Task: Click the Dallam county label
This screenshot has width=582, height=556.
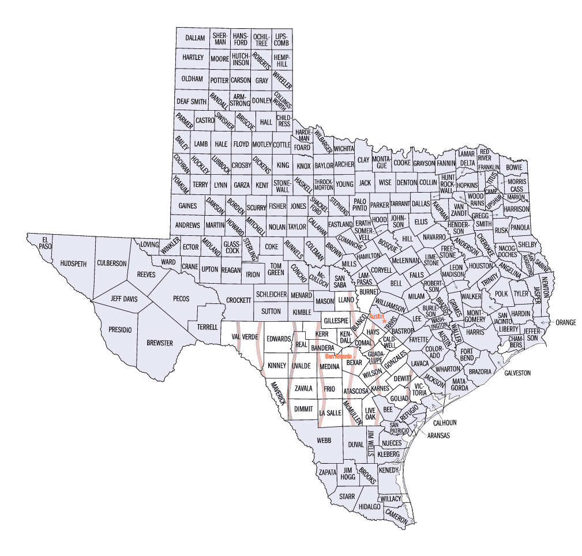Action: coord(195,38)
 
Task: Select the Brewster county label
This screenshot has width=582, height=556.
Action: coord(159,343)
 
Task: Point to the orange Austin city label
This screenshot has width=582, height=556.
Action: coord(376,317)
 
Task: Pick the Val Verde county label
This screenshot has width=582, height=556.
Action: coord(243,337)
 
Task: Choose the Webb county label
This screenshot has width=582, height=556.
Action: coord(324,440)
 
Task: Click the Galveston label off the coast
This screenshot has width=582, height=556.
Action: coord(517,373)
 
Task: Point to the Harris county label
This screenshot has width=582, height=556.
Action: coord(475,333)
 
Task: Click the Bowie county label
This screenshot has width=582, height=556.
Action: coord(513,168)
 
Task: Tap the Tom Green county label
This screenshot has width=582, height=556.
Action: coord(276,269)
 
